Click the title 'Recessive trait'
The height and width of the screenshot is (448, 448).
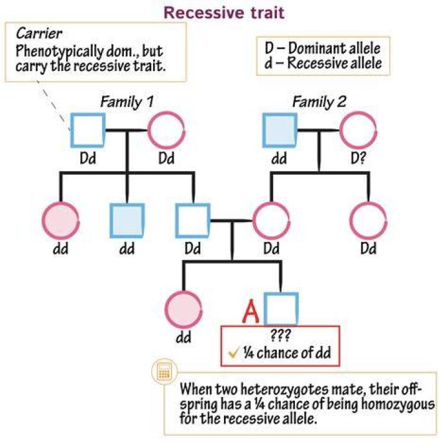click(224, 13)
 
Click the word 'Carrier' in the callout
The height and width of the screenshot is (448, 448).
click(39, 34)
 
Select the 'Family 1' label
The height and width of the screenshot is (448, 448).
click(127, 102)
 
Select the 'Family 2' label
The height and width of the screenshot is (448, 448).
click(319, 102)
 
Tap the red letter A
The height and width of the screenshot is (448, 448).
click(251, 311)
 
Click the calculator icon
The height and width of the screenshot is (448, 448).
click(164, 371)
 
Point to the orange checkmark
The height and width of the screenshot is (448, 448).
click(233, 353)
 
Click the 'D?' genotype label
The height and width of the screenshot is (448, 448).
click(358, 158)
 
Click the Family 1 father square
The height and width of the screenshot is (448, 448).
click(88, 114)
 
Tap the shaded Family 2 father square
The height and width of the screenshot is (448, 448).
click(280, 130)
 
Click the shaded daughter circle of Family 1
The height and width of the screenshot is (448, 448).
click(60, 221)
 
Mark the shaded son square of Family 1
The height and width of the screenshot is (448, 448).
click(127, 221)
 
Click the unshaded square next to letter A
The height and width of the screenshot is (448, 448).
click(281, 293)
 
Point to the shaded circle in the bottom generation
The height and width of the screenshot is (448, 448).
click(184, 310)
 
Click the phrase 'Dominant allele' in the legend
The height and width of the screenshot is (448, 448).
click(334, 49)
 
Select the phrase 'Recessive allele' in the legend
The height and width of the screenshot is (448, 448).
click(335, 63)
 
